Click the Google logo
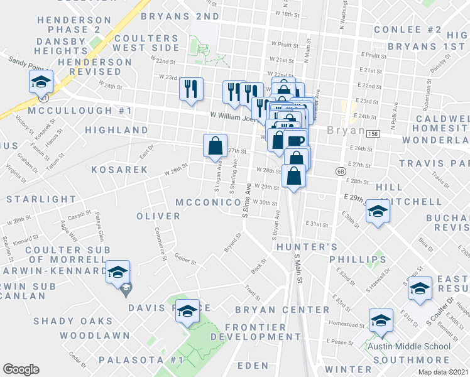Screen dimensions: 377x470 tap(21, 369)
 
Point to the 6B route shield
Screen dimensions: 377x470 tap(341, 170)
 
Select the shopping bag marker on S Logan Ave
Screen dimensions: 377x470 tap(215, 146)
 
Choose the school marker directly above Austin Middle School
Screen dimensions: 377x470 tap(381, 321)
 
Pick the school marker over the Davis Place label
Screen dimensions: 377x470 tap(187, 312)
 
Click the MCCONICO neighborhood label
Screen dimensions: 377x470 tap(208, 203)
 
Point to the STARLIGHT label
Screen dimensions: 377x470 tap(41, 199)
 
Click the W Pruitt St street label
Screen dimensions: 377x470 tap(283, 45)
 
